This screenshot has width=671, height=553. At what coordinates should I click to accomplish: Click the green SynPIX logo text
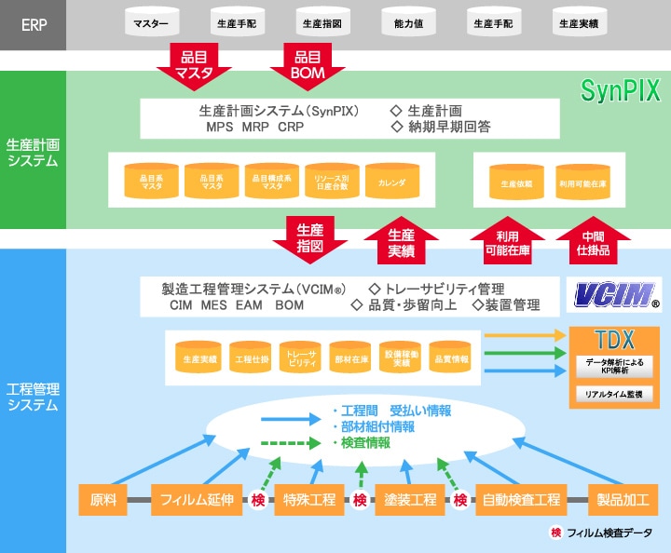(620, 90)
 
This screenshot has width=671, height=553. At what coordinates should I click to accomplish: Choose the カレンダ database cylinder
(391, 183)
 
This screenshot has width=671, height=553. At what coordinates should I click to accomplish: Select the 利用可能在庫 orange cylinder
(582, 183)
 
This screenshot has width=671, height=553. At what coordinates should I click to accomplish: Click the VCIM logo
(614, 296)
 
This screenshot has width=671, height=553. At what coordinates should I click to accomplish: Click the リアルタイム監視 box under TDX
(613, 395)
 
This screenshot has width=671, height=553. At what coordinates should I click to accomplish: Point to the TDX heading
(614, 338)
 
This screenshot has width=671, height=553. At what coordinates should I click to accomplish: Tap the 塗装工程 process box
(411, 500)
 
